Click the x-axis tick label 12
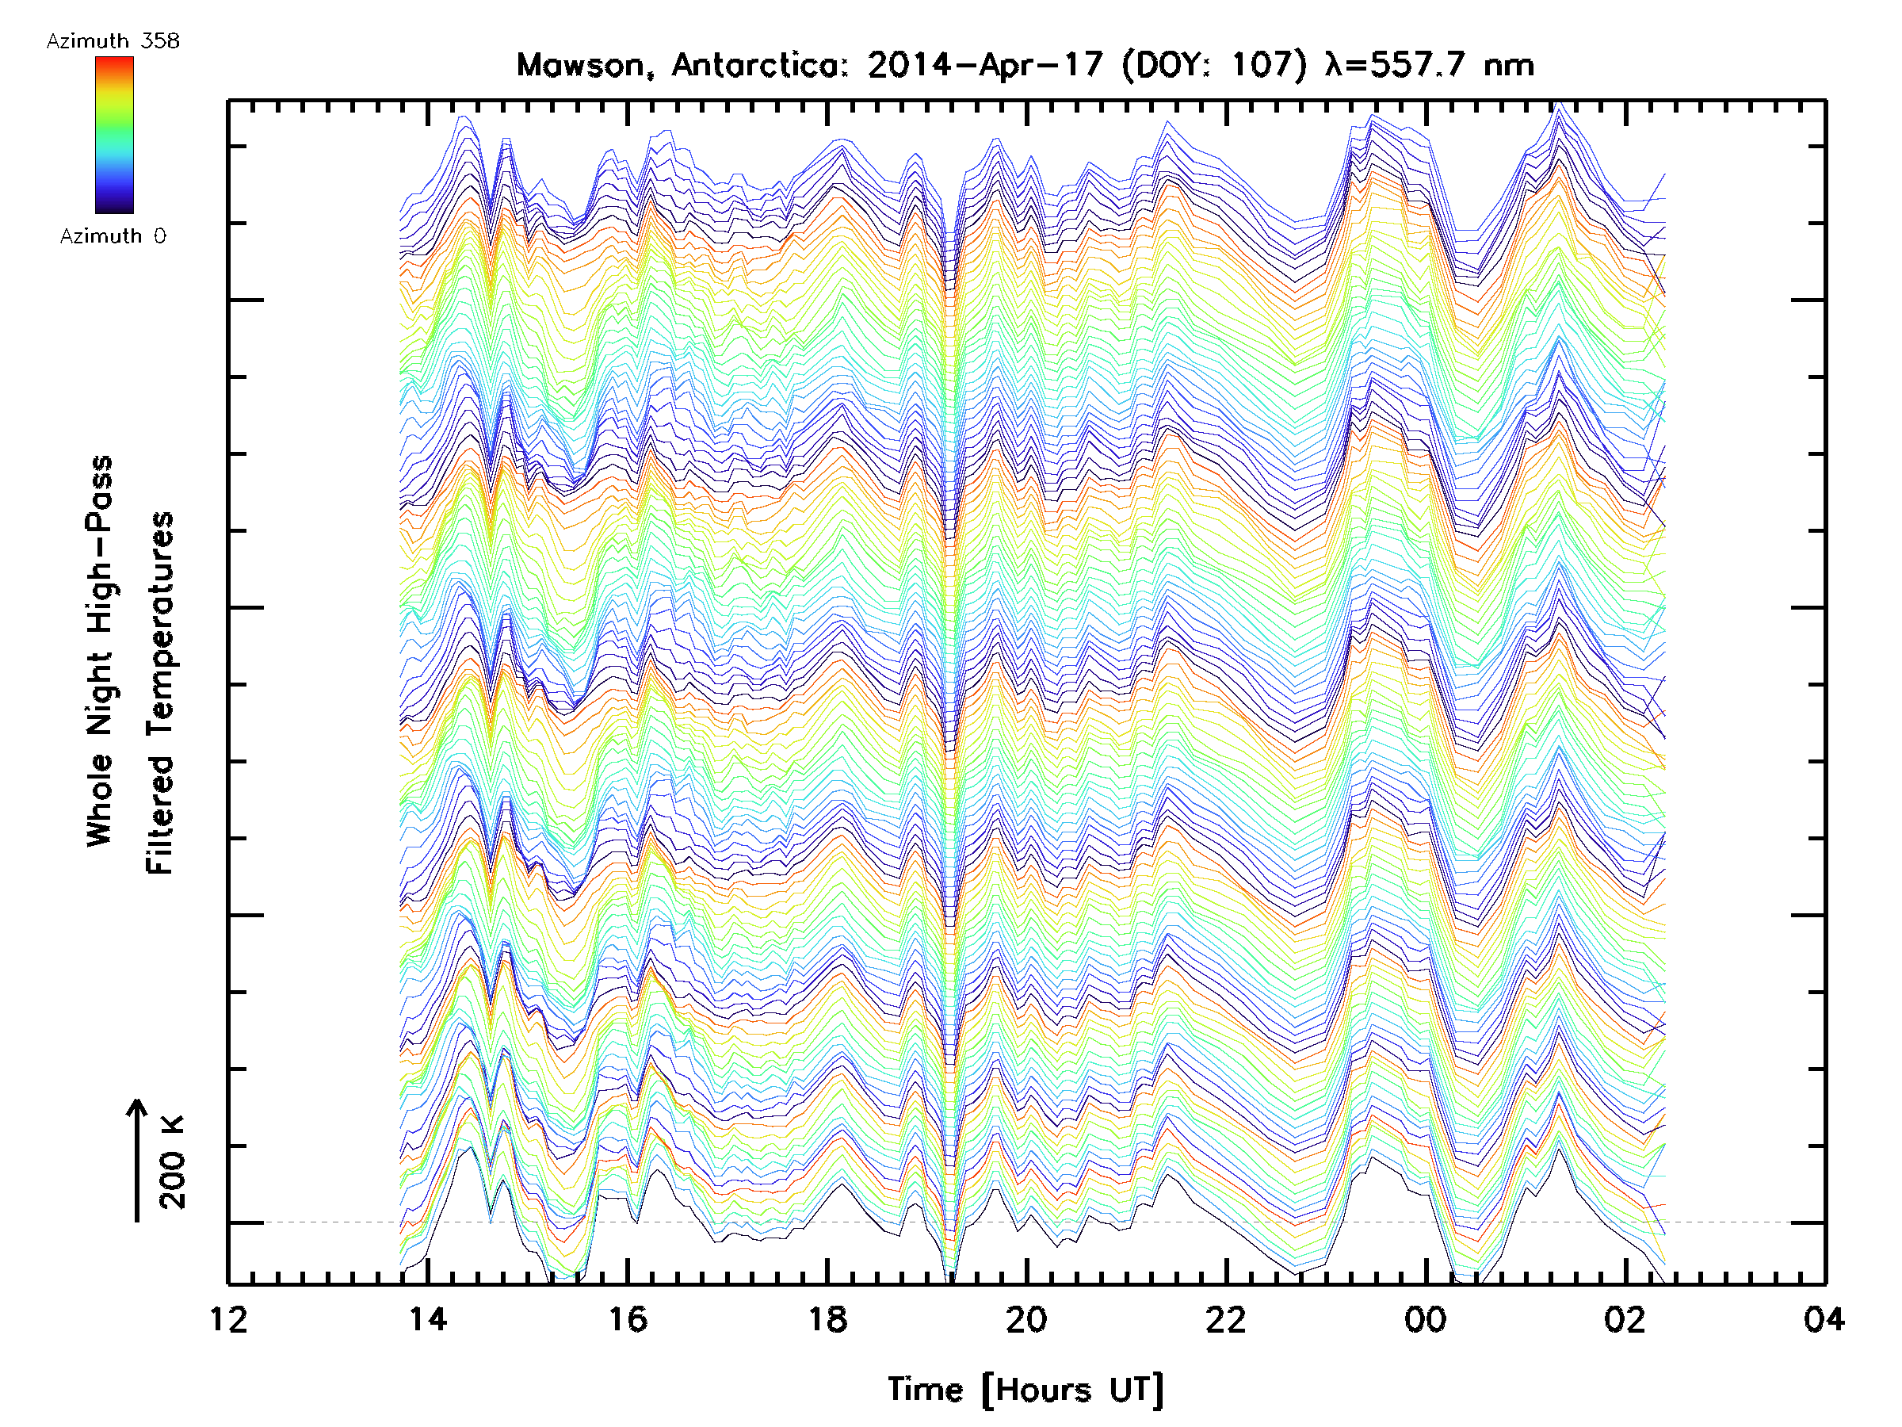(229, 1318)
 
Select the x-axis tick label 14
(428, 1318)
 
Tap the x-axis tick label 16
(628, 1318)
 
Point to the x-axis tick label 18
(827, 1318)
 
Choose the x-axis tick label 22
(1226, 1318)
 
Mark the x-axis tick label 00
(1426, 1318)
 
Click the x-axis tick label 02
(1625, 1318)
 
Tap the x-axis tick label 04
(1824, 1318)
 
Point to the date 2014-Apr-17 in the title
(985, 65)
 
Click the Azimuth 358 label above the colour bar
(113, 41)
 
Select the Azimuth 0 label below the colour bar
(113, 236)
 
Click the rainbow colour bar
(114, 135)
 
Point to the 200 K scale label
(173, 1162)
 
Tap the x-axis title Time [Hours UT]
(1025, 1390)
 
